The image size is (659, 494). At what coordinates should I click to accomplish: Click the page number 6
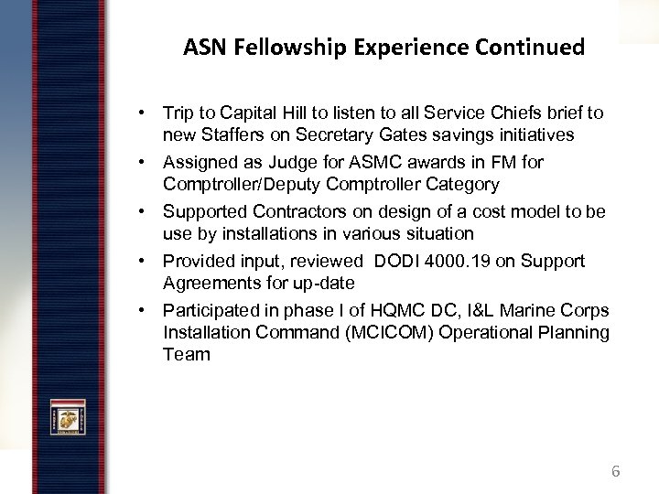click(615, 472)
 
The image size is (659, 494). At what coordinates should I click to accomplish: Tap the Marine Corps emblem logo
click(69, 420)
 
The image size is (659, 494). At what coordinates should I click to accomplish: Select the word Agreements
click(210, 283)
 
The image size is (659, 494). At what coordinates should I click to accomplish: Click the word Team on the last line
click(186, 354)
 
